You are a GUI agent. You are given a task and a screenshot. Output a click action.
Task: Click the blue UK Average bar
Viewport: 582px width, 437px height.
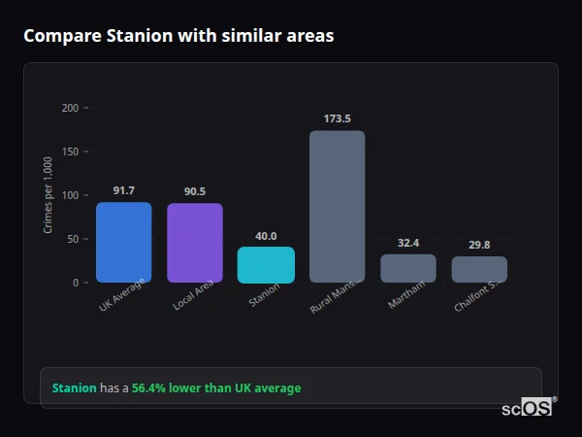pos(123,242)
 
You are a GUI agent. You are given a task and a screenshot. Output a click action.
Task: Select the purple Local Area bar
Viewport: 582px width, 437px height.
pos(195,243)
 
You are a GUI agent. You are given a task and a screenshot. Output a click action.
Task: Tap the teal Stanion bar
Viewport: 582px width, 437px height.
pos(266,264)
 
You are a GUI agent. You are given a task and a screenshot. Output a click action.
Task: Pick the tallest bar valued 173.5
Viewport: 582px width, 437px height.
pos(337,206)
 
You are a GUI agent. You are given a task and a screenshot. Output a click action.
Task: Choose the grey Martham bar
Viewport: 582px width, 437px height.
pos(408,268)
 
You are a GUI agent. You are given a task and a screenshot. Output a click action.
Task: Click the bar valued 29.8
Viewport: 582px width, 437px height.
pos(479,269)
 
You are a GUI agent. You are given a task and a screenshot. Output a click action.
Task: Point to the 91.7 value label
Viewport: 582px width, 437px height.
pos(123,190)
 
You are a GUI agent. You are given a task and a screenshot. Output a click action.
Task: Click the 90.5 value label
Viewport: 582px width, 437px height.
pos(195,191)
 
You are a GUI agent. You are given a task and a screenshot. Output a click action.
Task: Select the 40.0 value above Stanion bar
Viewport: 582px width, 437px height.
pos(266,236)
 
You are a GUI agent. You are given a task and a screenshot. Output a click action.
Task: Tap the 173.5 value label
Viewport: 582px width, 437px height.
pos(337,118)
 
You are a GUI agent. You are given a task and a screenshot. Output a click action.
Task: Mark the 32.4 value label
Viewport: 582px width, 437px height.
pos(408,243)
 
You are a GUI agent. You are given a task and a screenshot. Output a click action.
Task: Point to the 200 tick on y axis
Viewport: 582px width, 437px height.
pos(70,108)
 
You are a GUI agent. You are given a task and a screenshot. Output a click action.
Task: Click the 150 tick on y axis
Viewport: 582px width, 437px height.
pos(70,151)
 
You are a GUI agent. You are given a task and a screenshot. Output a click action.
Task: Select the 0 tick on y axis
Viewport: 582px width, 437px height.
pos(75,283)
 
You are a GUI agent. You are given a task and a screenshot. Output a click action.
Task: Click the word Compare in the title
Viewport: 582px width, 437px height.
pos(58,36)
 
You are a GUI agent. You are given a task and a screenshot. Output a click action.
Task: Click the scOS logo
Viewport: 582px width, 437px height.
pos(527,408)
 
